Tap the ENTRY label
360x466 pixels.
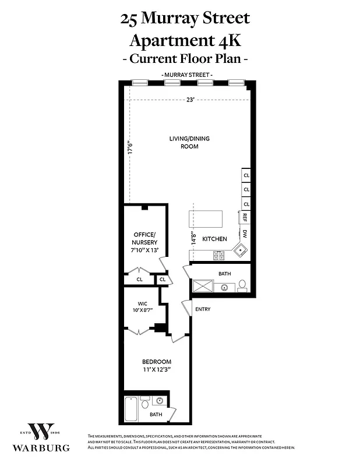pos(203,309)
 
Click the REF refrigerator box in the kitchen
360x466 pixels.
pos(245,217)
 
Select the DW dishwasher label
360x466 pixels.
pos(245,234)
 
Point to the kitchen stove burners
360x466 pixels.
pos(219,255)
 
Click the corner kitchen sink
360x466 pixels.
pos(240,250)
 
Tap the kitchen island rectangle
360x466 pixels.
pos(206,220)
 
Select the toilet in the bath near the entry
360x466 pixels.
pos(242,285)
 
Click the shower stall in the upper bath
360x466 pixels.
pos(203,286)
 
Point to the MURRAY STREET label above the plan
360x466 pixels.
pos(187,75)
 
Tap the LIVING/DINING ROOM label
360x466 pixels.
pos(189,142)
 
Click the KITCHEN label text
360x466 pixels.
pos(214,239)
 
